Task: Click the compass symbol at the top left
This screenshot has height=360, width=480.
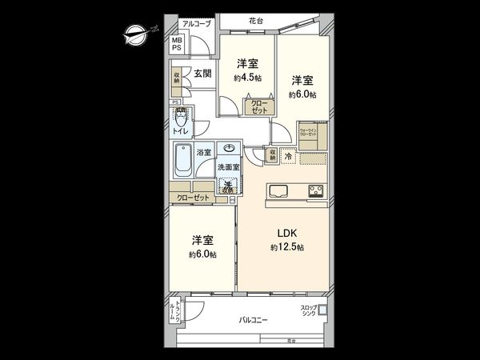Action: click(133, 33)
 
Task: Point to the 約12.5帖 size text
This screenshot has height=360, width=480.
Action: click(287, 247)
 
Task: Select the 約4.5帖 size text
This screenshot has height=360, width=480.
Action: click(247, 78)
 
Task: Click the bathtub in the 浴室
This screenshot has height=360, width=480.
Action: click(181, 162)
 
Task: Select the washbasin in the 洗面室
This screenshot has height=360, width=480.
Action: click(230, 149)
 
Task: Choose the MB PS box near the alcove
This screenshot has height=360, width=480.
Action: click(176, 44)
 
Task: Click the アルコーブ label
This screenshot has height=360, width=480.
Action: click(196, 24)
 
